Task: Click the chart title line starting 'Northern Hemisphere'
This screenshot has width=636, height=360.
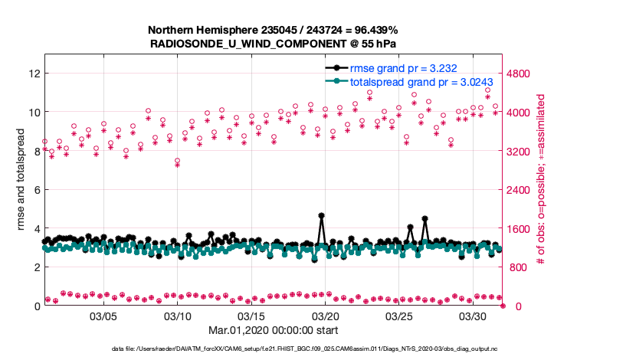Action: pos(274,30)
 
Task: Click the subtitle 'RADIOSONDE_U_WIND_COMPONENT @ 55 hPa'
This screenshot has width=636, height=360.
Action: pos(274,43)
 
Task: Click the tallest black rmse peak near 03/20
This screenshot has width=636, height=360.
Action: pos(321,216)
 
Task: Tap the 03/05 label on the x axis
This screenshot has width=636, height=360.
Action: pos(103,316)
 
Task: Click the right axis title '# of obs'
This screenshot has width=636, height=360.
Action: pos(541,180)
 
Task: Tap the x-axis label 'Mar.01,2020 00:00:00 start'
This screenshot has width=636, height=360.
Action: pos(274,330)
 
